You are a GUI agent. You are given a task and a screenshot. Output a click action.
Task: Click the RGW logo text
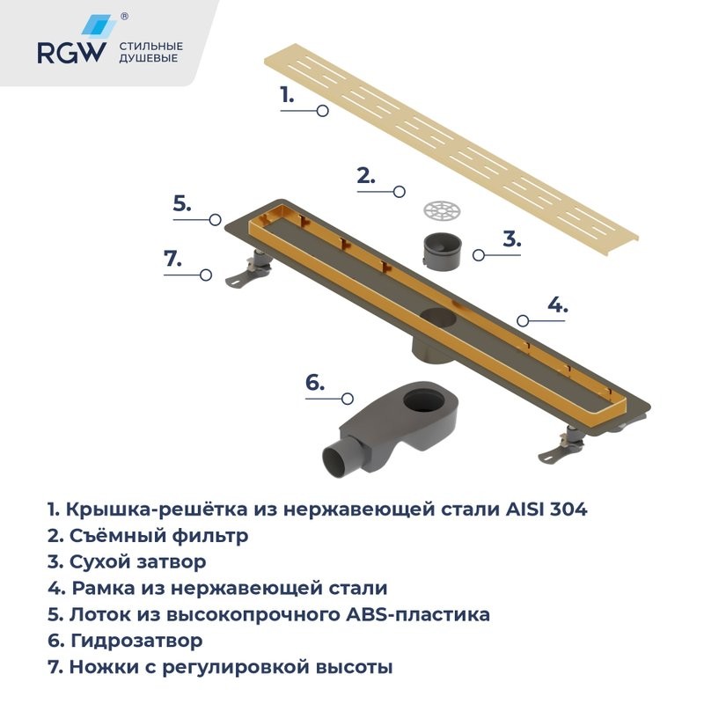click(70, 54)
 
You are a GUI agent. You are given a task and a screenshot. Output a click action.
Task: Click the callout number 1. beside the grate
click(286, 95)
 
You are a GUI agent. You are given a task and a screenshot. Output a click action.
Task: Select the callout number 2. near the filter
click(364, 175)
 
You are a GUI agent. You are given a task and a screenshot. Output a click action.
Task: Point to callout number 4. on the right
click(557, 305)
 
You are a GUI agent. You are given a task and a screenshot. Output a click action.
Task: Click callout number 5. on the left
click(181, 203)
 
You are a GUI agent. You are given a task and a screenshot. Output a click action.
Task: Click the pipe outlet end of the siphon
click(337, 462)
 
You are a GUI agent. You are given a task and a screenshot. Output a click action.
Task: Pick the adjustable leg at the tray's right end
click(564, 444)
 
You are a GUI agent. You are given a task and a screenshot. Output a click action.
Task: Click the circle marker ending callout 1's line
click(323, 111)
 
